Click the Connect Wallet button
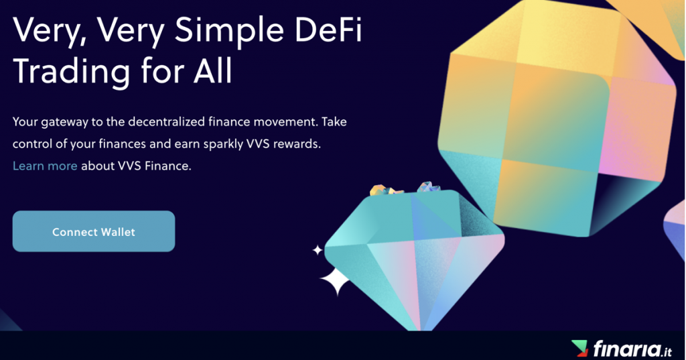[x=94, y=231]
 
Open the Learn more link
[x=45, y=166]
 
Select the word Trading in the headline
[x=71, y=72]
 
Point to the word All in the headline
[x=212, y=70]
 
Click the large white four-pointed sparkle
[x=335, y=281]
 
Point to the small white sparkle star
[x=317, y=250]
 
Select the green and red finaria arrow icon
[x=579, y=348]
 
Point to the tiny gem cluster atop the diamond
[x=404, y=189]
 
